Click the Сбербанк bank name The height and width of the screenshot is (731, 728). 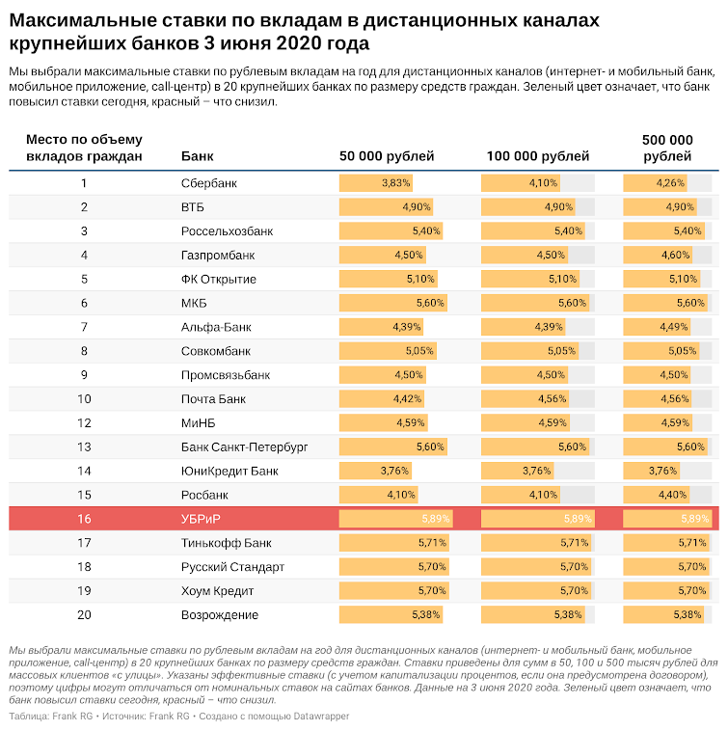point(209,183)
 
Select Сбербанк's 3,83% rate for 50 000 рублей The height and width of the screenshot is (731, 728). point(395,183)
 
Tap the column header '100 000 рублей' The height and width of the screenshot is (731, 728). point(538,155)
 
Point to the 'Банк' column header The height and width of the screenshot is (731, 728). point(197,155)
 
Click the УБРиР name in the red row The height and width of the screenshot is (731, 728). point(201,519)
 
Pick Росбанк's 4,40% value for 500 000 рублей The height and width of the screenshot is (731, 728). point(672,495)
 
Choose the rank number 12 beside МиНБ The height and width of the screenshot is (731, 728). point(84,422)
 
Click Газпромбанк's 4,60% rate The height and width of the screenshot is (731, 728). point(675,255)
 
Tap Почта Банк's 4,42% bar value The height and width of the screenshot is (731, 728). point(407,398)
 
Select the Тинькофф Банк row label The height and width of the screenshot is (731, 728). point(226,543)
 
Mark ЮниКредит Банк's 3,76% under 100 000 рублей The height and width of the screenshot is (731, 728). point(536,471)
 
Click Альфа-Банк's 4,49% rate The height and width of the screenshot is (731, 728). point(673,327)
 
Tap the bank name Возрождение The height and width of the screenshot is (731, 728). point(220,615)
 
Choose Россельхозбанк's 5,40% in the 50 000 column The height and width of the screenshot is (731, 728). point(426,230)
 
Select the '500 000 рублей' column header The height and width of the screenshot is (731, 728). point(667,148)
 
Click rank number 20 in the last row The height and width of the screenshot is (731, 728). point(84,615)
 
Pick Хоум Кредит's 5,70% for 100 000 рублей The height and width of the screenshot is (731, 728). point(574,590)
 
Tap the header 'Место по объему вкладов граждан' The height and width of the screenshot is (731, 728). point(84,148)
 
